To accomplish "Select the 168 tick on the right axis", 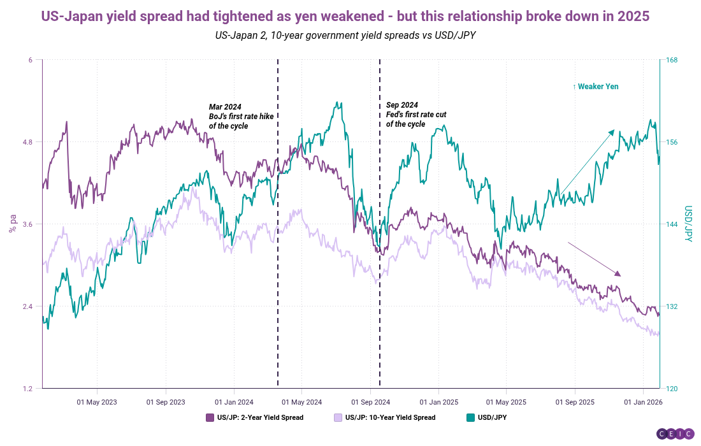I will (x=672, y=61).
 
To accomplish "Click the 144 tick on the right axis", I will (x=672, y=224).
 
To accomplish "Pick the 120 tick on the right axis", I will (x=672, y=389).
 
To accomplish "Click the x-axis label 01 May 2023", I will (x=97, y=402).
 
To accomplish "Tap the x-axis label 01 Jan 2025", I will (x=438, y=402).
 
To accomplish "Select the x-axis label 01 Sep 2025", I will (x=575, y=402).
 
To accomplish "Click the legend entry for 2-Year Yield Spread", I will (x=255, y=418).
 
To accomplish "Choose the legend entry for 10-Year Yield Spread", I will (x=384, y=418).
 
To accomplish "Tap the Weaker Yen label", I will (x=595, y=87).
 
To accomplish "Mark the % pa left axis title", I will (x=12, y=224).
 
